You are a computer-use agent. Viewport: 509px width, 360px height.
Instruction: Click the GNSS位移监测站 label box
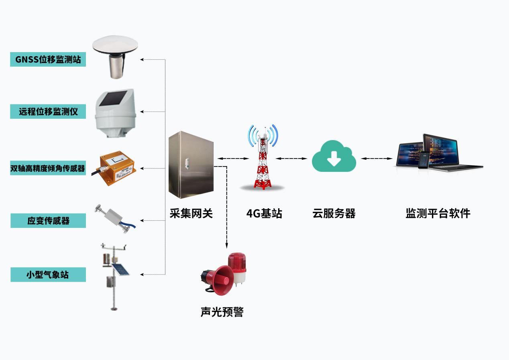pyautogui.click(x=48, y=60)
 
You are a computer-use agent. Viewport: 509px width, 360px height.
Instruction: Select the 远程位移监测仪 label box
pyautogui.click(x=48, y=112)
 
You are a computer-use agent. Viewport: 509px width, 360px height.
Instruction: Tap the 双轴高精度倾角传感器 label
pyautogui.click(x=48, y=169)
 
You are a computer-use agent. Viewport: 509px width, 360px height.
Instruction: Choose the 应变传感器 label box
pyautogui.click(x=48, y=220)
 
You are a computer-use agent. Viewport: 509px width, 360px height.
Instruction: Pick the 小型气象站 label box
pyautogui.click(x=48, y=275)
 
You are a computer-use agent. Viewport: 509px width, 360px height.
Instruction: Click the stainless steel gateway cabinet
pyautogui.click(x=191, y=165)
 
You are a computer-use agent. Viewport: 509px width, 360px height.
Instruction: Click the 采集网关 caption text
pyautogui.click(x=191, y=213)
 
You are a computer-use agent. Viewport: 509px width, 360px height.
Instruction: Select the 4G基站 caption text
pyautogui.click(x=264, y=213)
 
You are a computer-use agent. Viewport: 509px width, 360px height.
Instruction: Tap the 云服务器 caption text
pyautogui.click(x=334, y=213)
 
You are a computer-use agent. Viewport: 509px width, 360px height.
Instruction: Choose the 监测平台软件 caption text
pyautogui.click(x=438, y=213)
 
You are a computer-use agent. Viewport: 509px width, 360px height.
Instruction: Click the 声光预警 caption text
pyautogui.click(x=222, y=311)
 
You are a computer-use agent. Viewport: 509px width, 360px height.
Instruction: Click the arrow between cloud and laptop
pyautogui.click(x=377, y=159)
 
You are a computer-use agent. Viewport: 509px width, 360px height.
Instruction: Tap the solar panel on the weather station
pyautogui.click(x=120, y=269)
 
